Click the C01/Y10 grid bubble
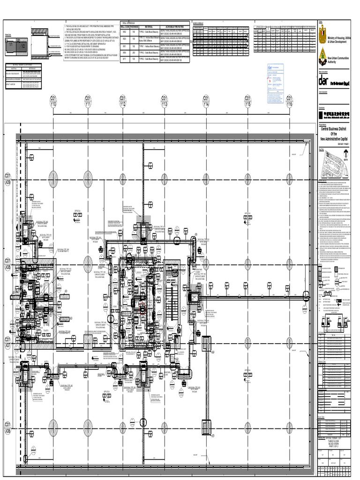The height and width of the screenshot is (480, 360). pos(53,101)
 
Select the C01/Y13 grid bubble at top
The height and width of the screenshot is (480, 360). pos(165,101)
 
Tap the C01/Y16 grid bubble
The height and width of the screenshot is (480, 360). pos(289,101)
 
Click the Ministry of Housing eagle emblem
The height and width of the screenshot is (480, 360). pos(322,35)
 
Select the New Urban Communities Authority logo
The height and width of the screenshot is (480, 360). pos(322,57)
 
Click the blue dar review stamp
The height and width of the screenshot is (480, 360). pos(270,67)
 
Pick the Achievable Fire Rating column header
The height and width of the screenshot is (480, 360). pos(174,27)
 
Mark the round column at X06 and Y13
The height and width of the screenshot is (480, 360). pos(165,427)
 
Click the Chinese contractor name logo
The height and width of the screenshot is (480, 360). pos(334,113)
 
